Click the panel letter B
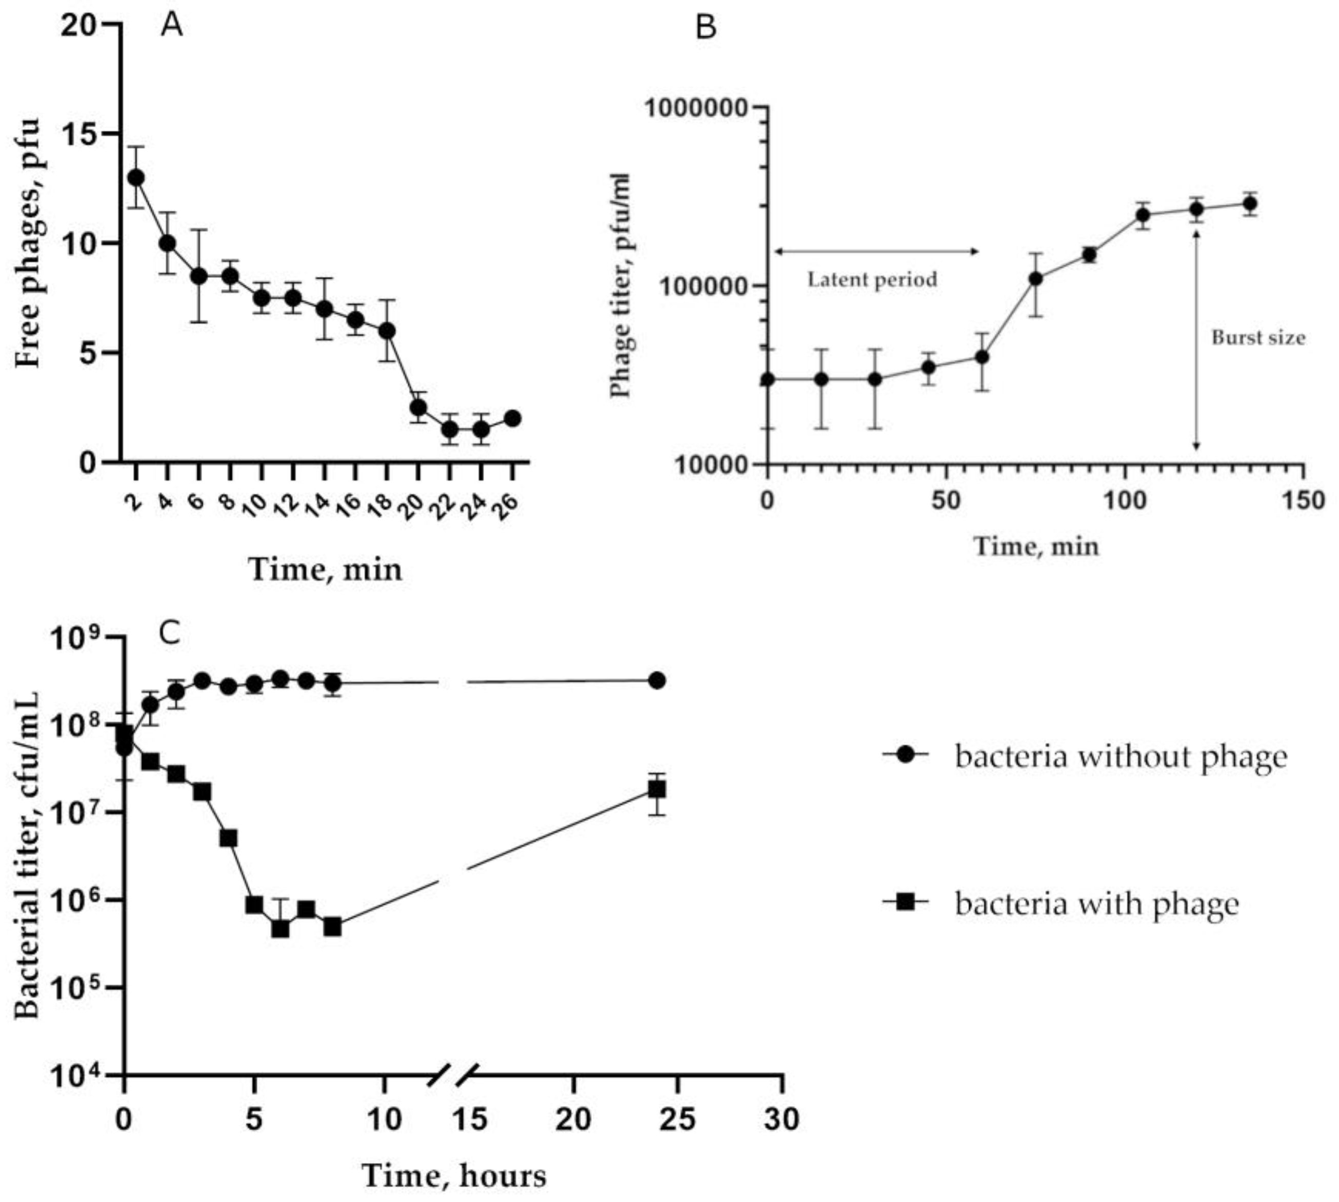[x=706, y=28]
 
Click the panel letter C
[x=170, y=634]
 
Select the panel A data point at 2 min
[x=136, y=178]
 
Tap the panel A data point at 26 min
[x=513, y=418]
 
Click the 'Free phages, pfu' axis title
[x=28, y=243]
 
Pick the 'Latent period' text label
[x=872, y=279]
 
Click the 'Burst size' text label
[x=1258, y=338]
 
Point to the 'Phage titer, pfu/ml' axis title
[x=621, y=286]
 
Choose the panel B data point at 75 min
[x=1036, y=279]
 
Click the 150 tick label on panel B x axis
[x=1303, y=501]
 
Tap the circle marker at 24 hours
[x=656, y=680]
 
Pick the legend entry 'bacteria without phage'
[x=1121, y=756]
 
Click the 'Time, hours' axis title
[x=454, y=1175]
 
